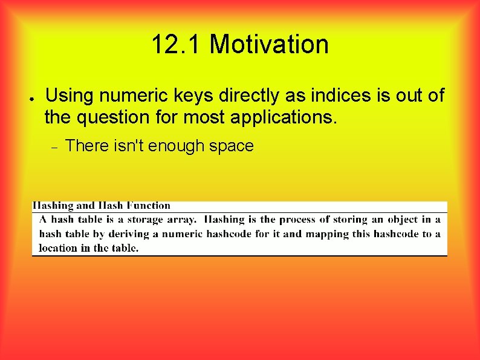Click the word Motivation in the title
269,45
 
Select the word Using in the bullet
70,96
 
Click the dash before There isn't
53,147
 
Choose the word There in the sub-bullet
86,146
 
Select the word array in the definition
182,220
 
